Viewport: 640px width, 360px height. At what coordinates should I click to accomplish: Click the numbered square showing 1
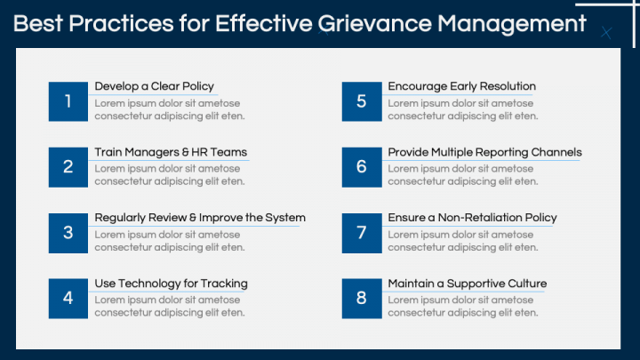click(68, 101)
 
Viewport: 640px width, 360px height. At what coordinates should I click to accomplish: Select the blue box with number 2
click(68, 167)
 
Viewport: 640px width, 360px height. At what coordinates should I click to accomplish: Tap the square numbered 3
click(68, 233)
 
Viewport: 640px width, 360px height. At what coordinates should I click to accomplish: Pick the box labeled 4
click(68, 299)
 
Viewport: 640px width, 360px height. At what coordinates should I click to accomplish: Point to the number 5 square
click(362, 101)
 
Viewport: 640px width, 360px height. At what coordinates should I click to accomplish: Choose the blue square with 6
click(362, 167)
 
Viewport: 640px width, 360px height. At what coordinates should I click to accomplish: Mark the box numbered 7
click(362, 233)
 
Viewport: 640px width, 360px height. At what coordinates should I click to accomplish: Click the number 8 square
click(362, 299)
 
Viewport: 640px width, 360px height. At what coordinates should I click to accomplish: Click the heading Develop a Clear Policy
click(155, 86)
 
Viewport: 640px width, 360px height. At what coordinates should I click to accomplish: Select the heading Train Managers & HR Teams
click(171, 152)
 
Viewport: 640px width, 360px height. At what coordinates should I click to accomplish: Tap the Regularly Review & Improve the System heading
click(200, 218)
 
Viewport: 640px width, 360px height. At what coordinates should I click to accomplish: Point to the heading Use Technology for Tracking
click(171, 284)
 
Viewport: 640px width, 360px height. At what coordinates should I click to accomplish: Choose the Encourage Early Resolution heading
click(461, 86)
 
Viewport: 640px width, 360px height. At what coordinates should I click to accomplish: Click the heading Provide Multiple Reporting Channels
click(485, 152)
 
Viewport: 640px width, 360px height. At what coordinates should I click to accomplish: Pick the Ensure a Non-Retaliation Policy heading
click(472, 218)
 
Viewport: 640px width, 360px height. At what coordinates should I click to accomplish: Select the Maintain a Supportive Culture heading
click(468, 284)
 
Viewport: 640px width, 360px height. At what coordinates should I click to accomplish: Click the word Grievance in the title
click(375, 24)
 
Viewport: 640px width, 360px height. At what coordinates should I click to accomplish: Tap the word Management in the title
click(512, 25)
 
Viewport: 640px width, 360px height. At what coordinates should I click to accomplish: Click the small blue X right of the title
click(606, 33)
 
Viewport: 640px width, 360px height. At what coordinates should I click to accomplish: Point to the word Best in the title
click(37, 23)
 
